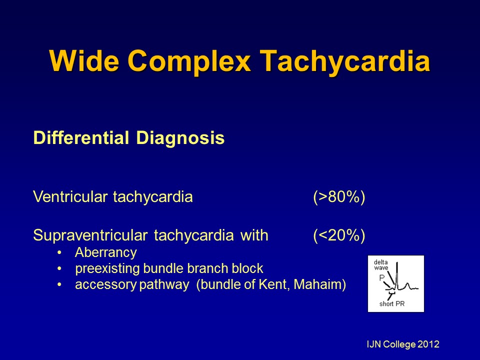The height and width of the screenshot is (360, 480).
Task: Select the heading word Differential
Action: pyautogui.click(x=79, y=138)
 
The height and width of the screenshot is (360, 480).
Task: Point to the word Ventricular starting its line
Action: pyautogui.click(x=70, y=197)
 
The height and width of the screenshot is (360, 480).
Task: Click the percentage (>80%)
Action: pyautogui.click(x=339, y=197)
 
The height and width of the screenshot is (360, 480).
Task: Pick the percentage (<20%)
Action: pyautogui.click(x=339, y=235)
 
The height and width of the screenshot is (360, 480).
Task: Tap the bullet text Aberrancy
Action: pyautogui.click(x=105, y=252)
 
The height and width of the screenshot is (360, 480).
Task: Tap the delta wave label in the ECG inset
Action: pyautogui.click(x=381, y=264)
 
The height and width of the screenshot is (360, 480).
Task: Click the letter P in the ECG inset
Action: pyautogui.click(x=381, y=277)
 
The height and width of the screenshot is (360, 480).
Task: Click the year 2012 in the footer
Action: pyautogui.click(x=428, y=344)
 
